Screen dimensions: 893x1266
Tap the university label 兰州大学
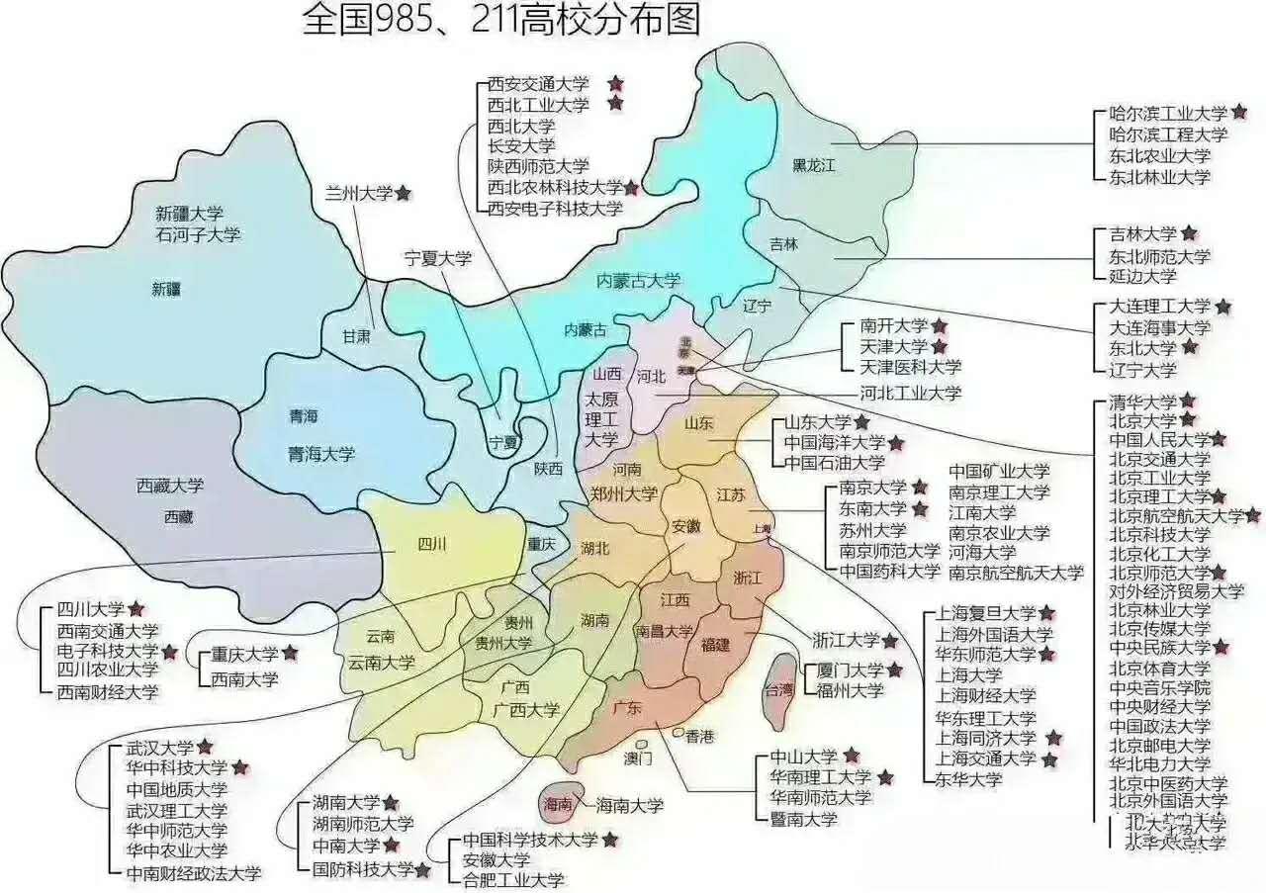359,193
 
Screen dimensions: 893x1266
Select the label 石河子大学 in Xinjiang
198,234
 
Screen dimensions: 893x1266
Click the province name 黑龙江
814,165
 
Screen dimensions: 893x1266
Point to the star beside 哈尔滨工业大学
1239,113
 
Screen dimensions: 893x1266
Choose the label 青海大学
321,454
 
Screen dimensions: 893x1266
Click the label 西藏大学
170,486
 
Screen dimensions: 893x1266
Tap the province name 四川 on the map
433,544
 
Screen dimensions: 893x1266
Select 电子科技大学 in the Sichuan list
107,651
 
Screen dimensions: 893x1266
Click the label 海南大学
629,806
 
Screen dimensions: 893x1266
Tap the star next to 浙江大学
890,640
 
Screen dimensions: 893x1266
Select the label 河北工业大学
910,393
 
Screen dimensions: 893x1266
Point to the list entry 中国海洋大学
835,442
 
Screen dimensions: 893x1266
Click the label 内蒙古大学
638,282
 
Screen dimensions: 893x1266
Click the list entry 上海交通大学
986,759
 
